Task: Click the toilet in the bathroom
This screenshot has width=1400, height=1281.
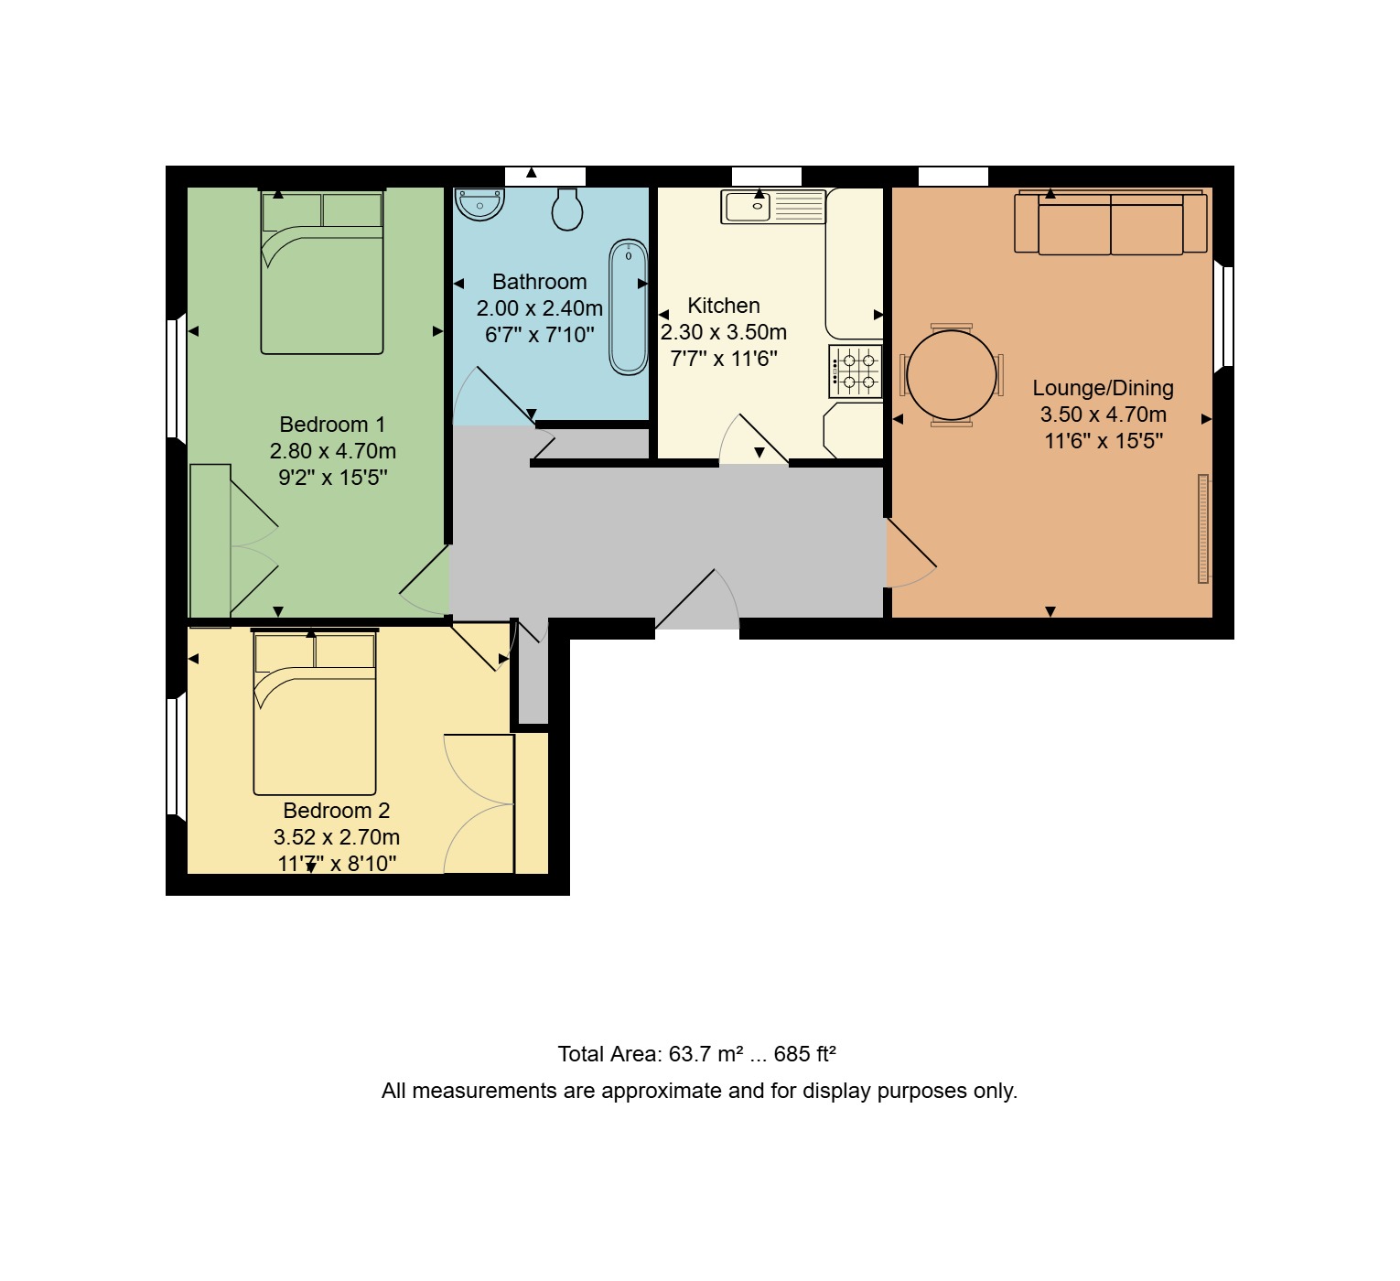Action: [x=566, y=209]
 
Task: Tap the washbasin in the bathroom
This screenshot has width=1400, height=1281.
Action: [x=479, y=203]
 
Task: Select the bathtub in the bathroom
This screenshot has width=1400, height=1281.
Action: [x=628, y=307]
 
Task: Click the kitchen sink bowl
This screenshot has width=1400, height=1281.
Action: [x=748, y=206]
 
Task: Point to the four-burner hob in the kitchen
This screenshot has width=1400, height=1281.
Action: [x=856, y=371]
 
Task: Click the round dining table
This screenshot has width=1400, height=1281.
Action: [x=952, y=375]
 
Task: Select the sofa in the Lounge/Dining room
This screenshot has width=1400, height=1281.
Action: [x=1110, y=222]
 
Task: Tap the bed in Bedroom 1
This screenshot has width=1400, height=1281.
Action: [x=322, y=273]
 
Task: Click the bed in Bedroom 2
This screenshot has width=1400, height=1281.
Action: [x=315, y=713]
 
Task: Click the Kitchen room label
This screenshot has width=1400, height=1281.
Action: [x=724, y=306]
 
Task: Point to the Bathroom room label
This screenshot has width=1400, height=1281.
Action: [x=540, y=282]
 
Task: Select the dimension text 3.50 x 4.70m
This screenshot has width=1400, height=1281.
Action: [x=1104, y=414]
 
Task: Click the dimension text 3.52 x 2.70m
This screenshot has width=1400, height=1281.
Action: [x=337, y=837]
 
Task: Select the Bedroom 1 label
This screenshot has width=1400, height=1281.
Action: [x=332, y=425]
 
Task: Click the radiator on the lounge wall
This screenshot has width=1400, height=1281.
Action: [x=1203, y=529]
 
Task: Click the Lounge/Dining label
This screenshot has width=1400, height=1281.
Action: [x=1103, y=388]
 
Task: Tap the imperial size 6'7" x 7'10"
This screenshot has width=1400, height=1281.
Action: [x=540, y=335]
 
